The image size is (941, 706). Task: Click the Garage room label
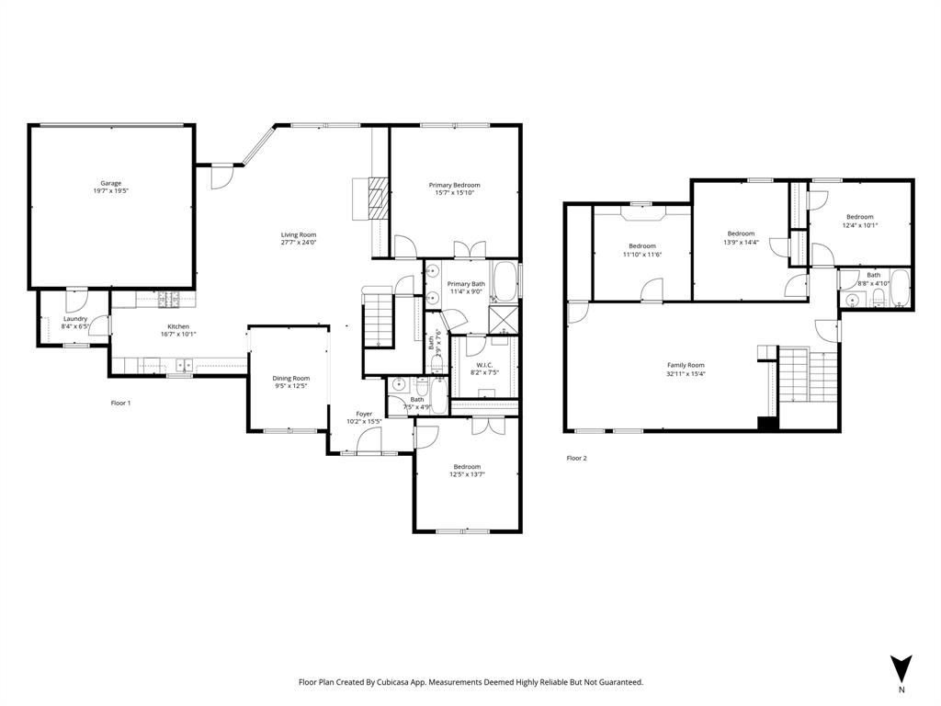(110, 183)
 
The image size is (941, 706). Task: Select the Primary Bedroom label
(454, 185)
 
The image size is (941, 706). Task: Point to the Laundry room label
(74, 319)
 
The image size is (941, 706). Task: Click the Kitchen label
(177, 326)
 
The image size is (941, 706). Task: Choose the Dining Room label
(290, 378)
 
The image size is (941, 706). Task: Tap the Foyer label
(365, 414)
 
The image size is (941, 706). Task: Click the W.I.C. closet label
(485, 365)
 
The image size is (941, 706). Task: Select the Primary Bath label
(466, 284)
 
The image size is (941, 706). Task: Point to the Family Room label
(686, 365)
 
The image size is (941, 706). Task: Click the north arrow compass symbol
(901, 667)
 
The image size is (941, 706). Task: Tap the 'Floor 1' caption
(121, 404)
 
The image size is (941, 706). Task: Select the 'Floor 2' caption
(576, 458)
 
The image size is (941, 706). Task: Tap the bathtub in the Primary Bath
(505, 281)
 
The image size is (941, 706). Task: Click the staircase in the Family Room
(809, 375)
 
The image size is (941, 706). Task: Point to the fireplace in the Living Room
(372, 197)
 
